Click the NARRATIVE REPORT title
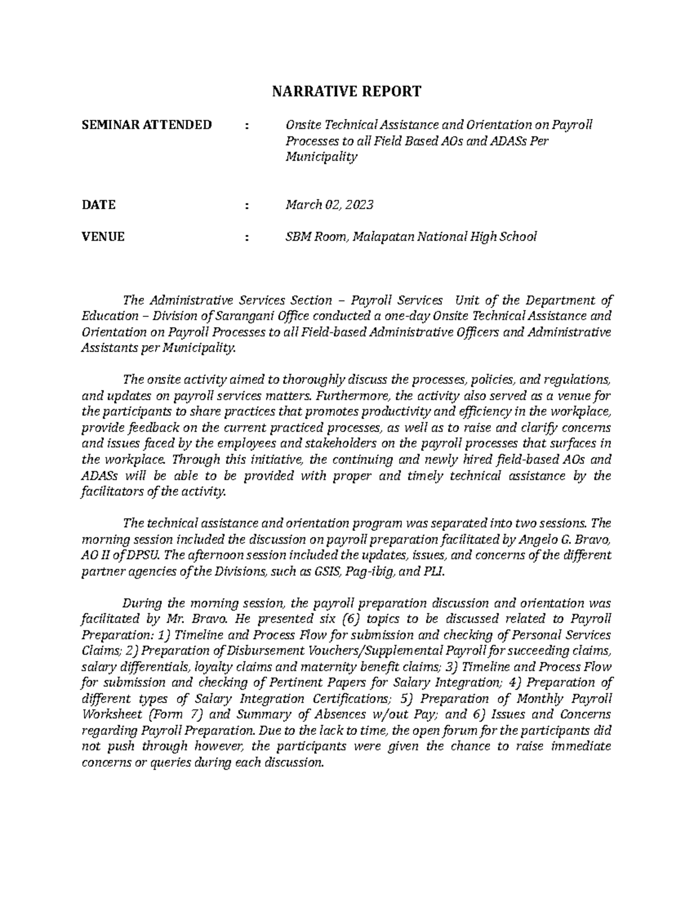click(347, 91)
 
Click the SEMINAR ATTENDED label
click(146, 124)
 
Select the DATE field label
click(99, 205)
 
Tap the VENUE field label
click(104, 236)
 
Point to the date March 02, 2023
click(326, 205)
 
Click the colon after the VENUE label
click(248, 236)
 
